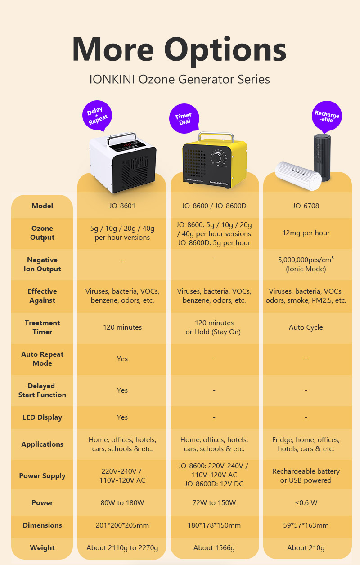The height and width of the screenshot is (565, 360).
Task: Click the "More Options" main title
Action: pyautogui.click(x=180, y=50)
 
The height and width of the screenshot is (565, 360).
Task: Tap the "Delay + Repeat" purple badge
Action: pyautogui.click(x=97, y=116)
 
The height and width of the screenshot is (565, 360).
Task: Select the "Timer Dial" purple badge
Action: pyautogui.click(x=184, y=118)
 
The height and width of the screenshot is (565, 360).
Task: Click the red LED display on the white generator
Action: pyautogui.click(x=127, y=145)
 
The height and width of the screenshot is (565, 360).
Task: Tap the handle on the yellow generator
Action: pyautogui.click(x=216, y=137)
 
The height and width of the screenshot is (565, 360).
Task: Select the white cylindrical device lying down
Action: pyautogui.click(x=298, y=176)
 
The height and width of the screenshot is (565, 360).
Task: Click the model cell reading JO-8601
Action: pyautogui.click(x=122, y=206)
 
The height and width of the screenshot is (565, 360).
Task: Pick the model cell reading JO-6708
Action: pyautogui.click(x=306, y=206)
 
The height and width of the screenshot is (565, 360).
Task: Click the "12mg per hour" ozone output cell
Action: pyautogui.click(x=306, y=233)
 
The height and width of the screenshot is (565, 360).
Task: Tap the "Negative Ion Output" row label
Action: pyautogui.click(x=42, y=265)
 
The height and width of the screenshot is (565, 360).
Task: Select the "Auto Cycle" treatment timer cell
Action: pyautogui.click(x=306, y=327)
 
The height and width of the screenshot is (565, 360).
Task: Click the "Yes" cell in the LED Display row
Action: pyautogui.click(x=122, y=417)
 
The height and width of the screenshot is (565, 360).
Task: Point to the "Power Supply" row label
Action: pyautogui.click(x=42, y=476)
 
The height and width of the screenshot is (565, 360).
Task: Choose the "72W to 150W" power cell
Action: pyautogui.click(x=214, y=503)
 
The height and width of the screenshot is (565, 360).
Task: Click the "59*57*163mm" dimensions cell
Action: pyautogui.click(x=306, y=525)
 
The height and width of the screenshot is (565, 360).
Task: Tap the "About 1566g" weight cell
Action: pyautogui.click(x=214, y=547)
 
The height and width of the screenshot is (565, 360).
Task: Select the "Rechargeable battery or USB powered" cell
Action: pyautogui.click(x=306, y=476)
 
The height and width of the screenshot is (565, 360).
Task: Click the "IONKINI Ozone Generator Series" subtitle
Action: pyautogui.click(x=180, y=79)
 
